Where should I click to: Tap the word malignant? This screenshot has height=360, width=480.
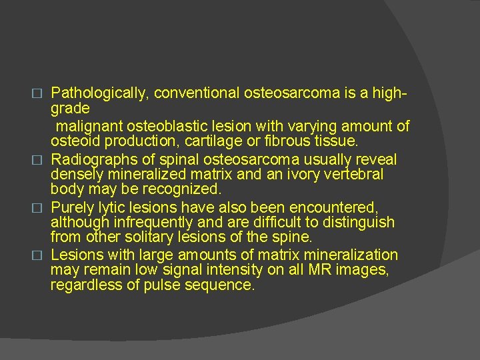pos(89,125)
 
